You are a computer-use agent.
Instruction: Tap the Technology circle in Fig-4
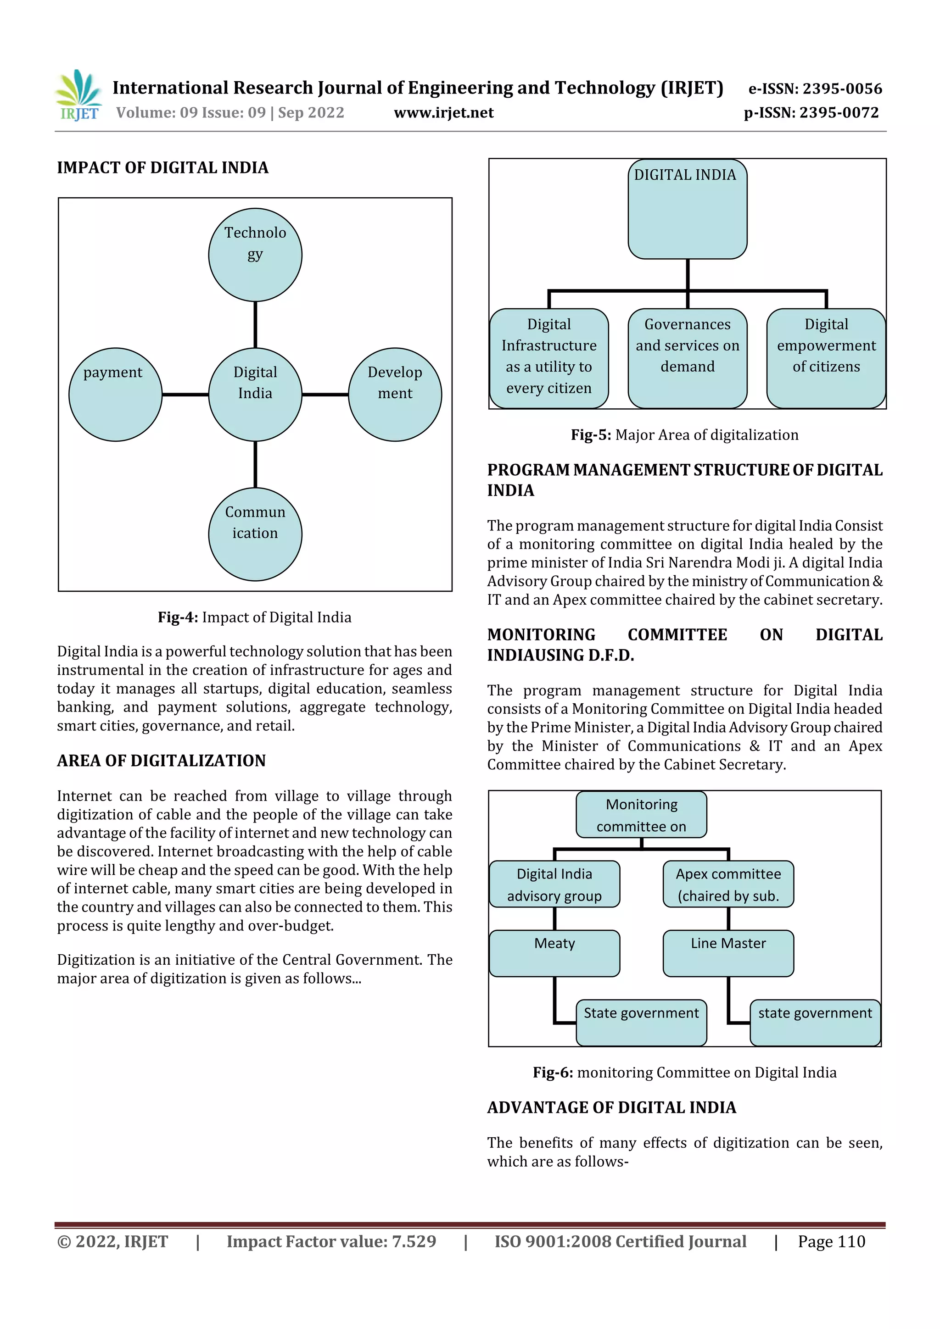(x=255, y=255)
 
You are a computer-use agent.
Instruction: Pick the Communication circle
(x=255, y=534)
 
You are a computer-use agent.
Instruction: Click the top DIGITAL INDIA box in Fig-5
(x=687, y=209)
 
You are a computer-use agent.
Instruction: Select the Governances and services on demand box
(x=687, y=358)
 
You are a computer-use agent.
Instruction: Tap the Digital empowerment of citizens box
(x=826, y=358)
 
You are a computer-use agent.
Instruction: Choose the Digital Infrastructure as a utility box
(x=548, y=358)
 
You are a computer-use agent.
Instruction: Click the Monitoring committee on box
(x=641, y=814)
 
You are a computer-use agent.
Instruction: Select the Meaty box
(x=554, y=953)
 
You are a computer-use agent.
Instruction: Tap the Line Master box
(x=728, y=953)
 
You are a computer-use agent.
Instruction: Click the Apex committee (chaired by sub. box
(x=728, y=884)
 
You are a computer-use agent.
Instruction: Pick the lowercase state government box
(x=815, y=1023)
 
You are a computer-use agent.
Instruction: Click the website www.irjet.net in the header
(x=444, y=113)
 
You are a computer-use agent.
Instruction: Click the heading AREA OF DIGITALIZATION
(x=161, y=761)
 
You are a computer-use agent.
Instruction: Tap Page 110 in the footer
(x=831, y=1241)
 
